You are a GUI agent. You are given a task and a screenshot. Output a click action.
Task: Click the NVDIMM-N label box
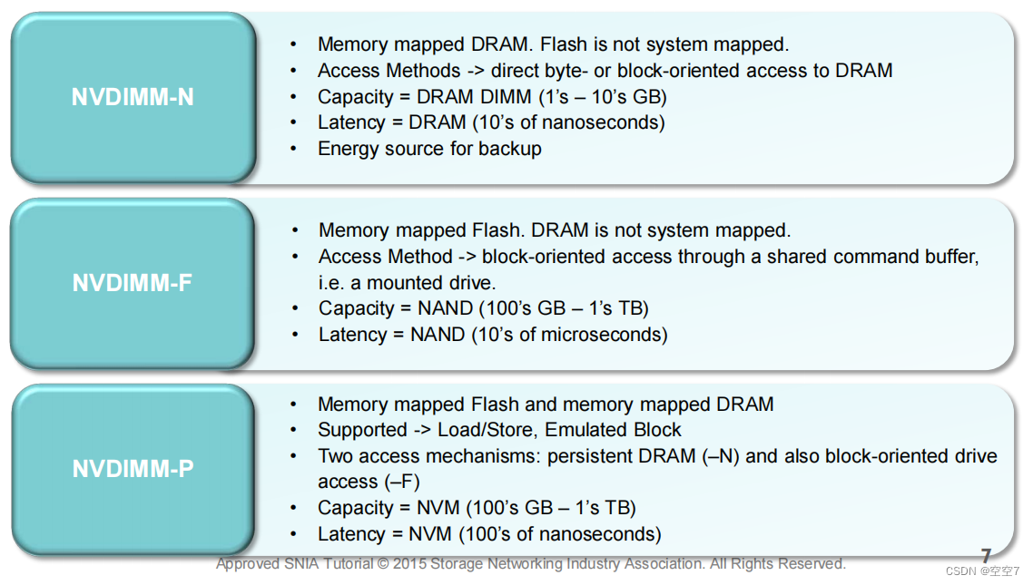pos(133,97)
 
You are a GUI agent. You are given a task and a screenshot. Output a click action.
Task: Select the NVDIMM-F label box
pos(133,283)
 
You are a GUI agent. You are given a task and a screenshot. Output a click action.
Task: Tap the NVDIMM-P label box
pos(133,469)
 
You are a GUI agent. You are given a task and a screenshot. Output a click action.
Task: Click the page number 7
pos(986,556)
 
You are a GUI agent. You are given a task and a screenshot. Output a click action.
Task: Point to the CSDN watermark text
pos(982,572)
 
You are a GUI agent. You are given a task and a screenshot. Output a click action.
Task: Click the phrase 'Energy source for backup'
pos(429,149)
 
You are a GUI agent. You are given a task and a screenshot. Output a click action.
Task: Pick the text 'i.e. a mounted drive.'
pos(408,282)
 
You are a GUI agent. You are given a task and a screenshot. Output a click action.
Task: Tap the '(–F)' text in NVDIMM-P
pos(400,482)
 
